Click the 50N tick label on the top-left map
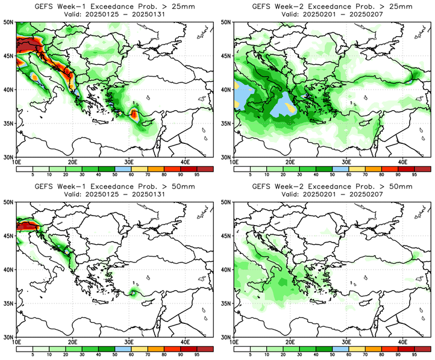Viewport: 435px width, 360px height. pyautogui.click(x=10, y=22)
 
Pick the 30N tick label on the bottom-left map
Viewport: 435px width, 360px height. pyautogui.click(x=10, y=337)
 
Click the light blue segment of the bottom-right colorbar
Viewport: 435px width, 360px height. pyautogui.click(x=340, y=349)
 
